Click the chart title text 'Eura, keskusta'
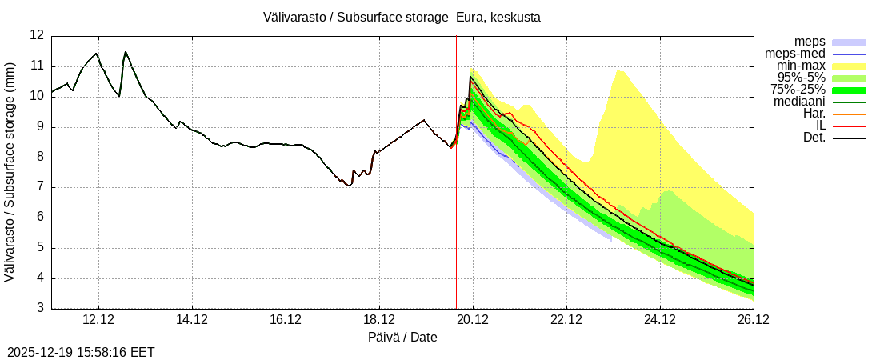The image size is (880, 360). [498, 18]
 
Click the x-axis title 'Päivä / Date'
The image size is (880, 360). [402, 338]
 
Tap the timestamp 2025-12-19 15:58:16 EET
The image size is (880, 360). [81, 352]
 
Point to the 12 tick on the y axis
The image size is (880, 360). [37, 35]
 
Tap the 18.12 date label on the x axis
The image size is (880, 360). [379, 320]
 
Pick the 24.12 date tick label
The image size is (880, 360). [660, 320]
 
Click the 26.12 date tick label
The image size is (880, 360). [754, 320]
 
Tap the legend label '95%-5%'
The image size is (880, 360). [801, 78]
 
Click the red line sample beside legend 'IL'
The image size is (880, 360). [849, 126]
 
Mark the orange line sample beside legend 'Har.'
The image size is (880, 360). [849, 114]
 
